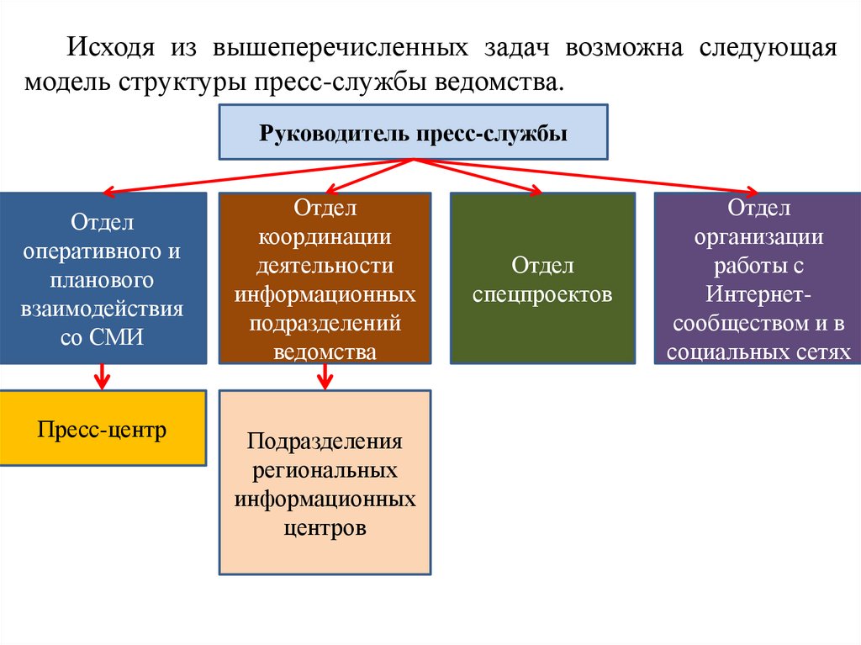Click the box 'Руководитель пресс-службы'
413,132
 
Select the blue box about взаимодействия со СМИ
103,278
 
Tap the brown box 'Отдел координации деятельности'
325,278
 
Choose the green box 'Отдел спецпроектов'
542,278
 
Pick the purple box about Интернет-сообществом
758,278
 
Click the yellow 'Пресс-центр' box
103,429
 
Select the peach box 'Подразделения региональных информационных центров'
325,482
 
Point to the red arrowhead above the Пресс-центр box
103,383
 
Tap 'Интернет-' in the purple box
758,294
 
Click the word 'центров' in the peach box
325,529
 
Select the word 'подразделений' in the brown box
325,324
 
